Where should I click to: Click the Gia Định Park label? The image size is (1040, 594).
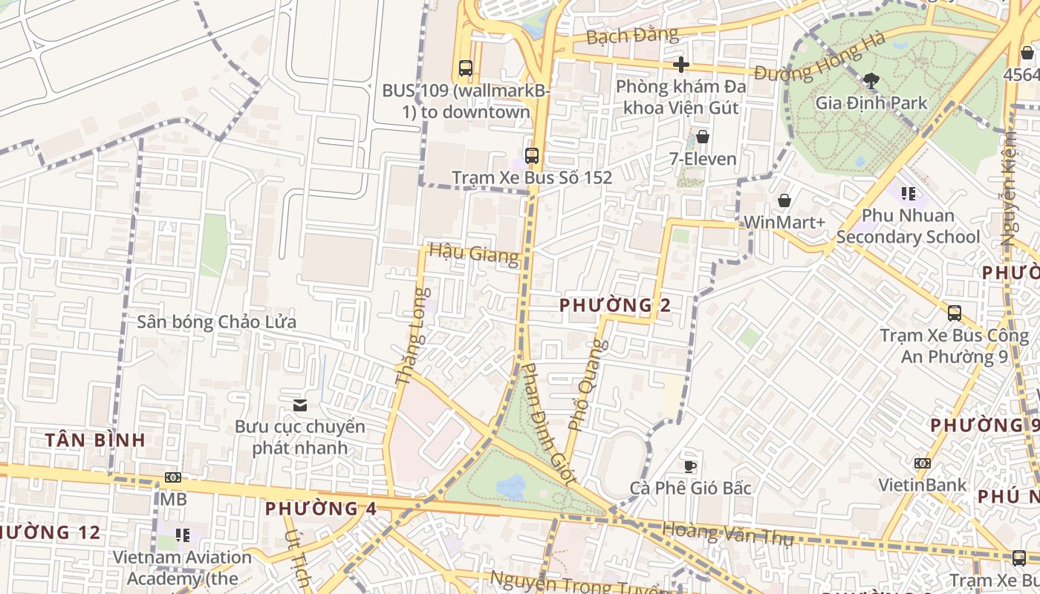pos(871,102)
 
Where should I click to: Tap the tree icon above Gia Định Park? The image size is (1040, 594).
pos(871,80)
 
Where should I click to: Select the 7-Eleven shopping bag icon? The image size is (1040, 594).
pos(702,137)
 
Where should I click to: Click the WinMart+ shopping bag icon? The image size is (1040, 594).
pos(784,200)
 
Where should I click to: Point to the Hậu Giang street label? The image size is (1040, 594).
pos(474,253)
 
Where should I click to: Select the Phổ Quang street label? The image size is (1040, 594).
pos(588,385)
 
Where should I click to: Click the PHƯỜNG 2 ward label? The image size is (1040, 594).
pos(615,304)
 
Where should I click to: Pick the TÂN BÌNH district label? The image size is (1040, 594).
pos(95,440)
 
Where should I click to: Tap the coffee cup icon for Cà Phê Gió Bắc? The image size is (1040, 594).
pos(690,466)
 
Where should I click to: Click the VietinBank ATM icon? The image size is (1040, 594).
pos(923,463)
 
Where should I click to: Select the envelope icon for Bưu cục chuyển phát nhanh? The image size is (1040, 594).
pos(300,405)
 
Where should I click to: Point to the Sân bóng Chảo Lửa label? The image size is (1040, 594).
pos(216,322)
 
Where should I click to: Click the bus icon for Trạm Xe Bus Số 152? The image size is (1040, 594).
pos(532,156)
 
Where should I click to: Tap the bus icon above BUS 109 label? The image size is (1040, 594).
pos(466,68)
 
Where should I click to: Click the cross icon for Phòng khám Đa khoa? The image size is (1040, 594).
pos(680,65)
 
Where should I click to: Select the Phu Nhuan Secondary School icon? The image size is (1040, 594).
pos(908,194)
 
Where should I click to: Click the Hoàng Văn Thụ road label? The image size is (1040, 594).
pos(727,532)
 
